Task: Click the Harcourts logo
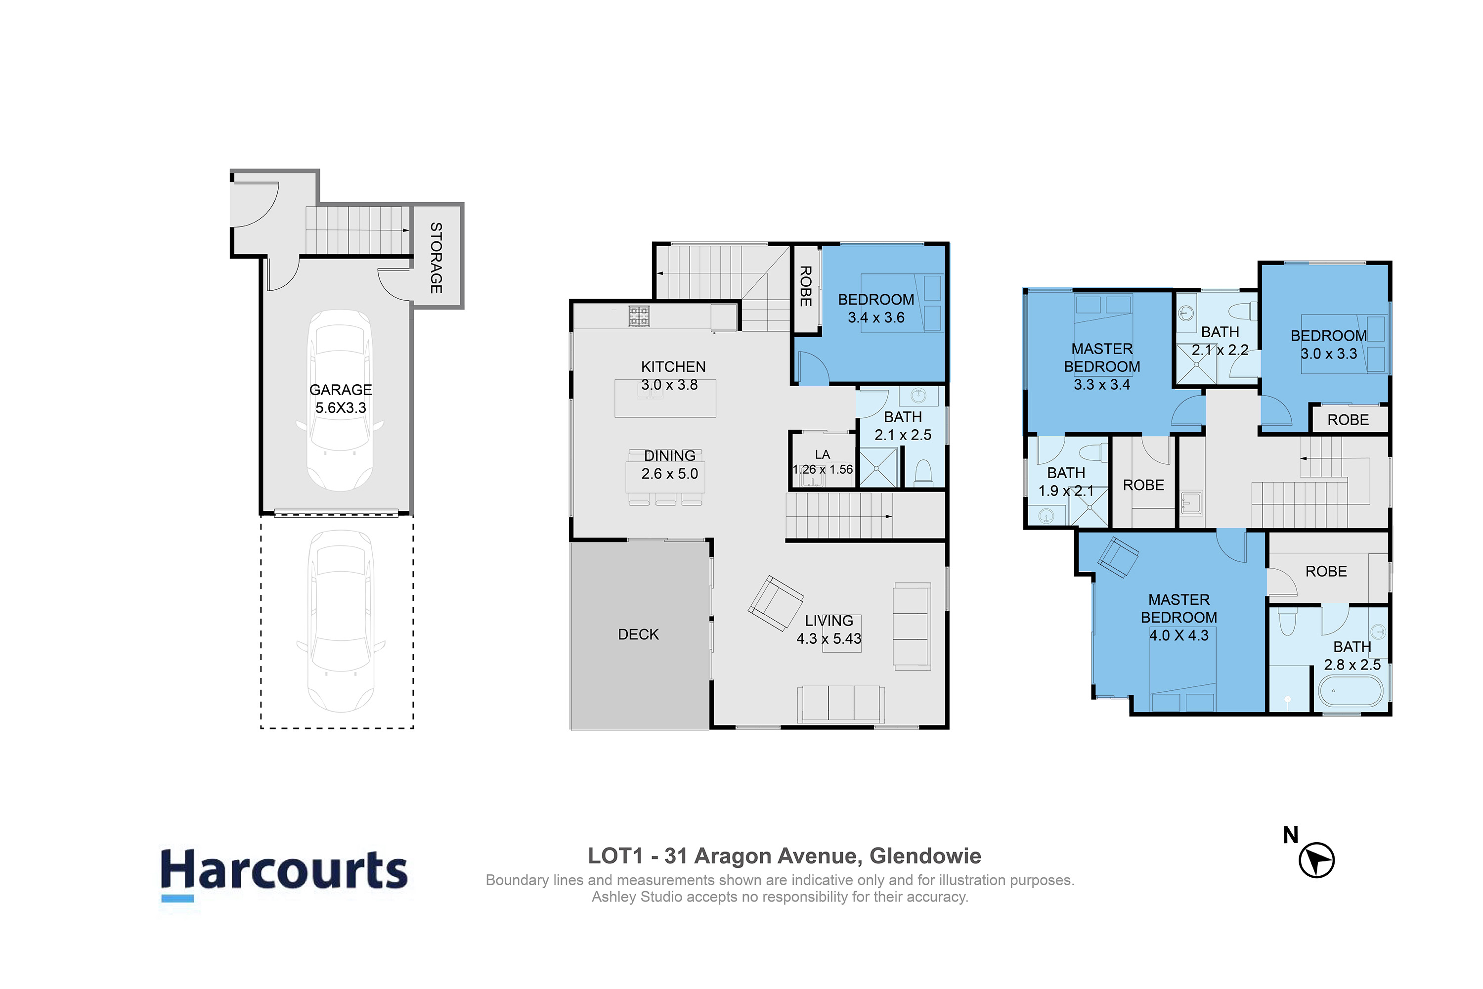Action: (x=284, y=877)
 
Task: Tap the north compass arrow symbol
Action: (x=1316, y=860)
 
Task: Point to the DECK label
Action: (x=638, y=634)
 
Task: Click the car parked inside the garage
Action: (x=341, y=401)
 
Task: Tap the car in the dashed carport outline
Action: (x=341, y=621)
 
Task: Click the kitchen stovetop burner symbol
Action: (x=639, y=316)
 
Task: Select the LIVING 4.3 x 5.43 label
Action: (x=829, y=629)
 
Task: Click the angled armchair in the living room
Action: (x=776, y=603)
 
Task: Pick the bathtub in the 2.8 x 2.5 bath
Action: (x=1351, y=691)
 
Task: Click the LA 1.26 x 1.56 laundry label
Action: (x=822, y=462)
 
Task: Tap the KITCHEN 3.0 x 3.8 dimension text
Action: (x=670, y=385)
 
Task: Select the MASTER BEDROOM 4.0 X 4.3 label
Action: (x=1178, y=618)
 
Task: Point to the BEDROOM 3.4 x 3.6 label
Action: (x=876, y=309)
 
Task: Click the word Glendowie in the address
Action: (x=925, y=856)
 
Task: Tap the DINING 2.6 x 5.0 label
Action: (x=670, y=465)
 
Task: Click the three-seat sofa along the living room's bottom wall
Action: (x=840, y=704)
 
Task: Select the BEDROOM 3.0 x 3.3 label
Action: (x=1329, y=344)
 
